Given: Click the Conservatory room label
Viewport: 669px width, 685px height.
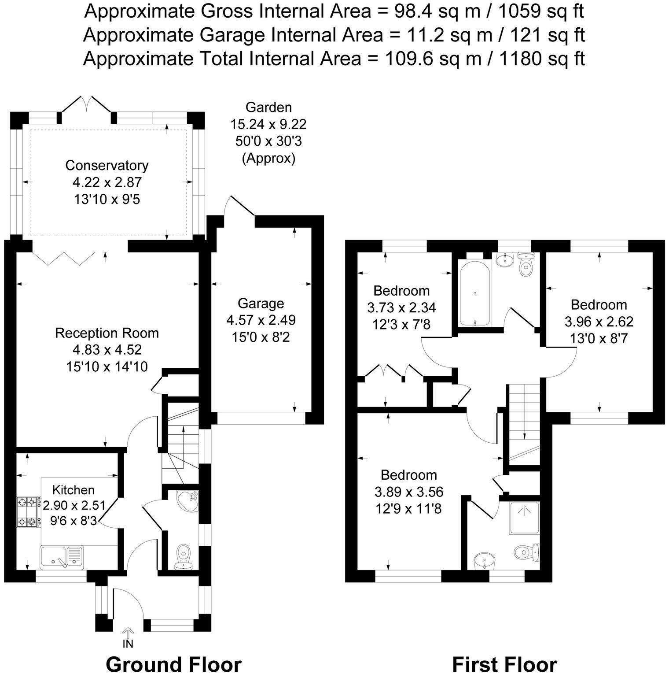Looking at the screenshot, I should [x=107, y=166].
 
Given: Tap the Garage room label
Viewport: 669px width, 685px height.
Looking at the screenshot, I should [x=261, y=304].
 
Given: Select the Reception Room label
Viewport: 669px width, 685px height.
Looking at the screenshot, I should [x=107, y=333].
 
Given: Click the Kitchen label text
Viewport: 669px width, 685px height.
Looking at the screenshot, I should [x=74, y=490].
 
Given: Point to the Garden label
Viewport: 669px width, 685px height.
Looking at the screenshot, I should [x=268, y=107].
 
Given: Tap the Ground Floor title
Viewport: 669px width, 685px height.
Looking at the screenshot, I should [x=173, y=665].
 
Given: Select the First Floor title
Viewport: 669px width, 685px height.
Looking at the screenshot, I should [x=504, y=665].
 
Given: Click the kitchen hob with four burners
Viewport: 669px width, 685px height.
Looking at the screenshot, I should [x=27, y=512].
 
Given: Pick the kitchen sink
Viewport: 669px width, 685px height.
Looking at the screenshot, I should [x=62, y=557].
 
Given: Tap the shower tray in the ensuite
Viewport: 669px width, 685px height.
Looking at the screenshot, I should [x=524, y=518].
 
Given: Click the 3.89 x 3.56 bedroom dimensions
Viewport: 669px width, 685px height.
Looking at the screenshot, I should [x=409, y=492].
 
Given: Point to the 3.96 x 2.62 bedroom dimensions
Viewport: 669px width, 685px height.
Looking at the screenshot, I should [x=599, y=322].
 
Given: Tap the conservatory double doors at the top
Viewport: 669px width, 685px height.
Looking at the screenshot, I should [x=86, y=105].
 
